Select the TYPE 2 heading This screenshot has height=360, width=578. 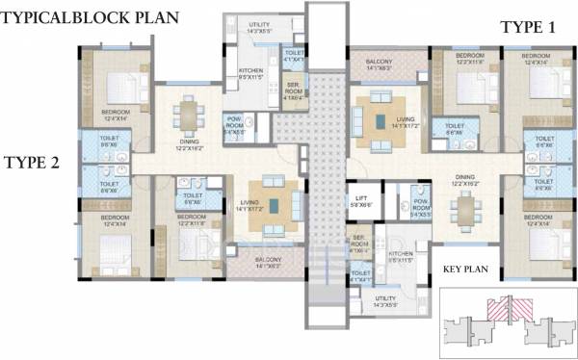coord(32,162)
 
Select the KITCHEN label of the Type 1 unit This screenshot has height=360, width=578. coord(400,258)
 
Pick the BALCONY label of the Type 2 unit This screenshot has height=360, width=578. coord(267,262)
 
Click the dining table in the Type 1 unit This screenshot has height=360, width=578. coord(467,207)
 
